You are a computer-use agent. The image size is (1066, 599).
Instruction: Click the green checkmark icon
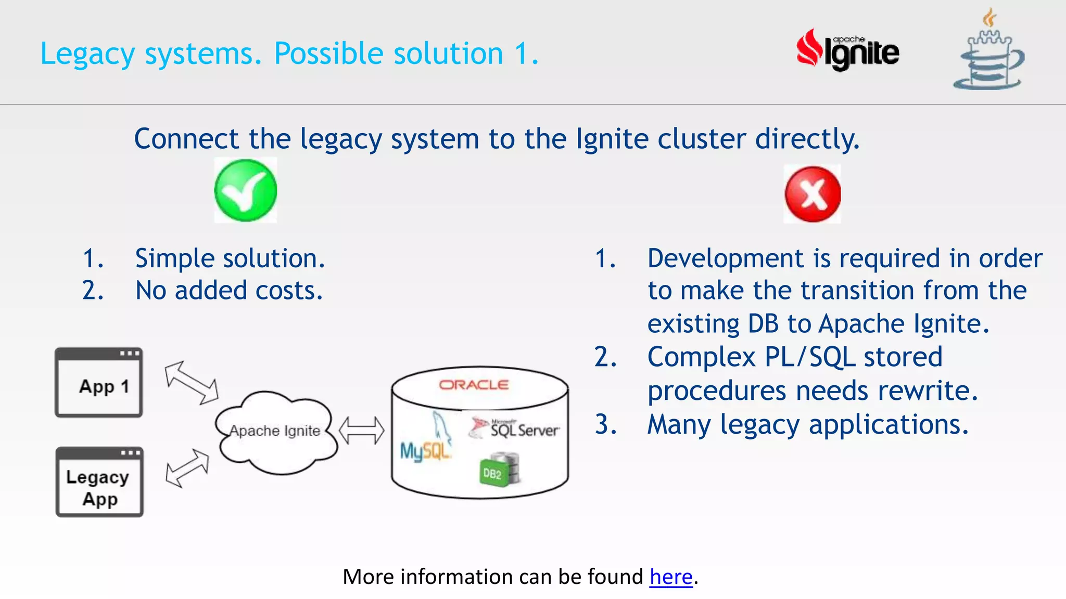pyautogui.click(x=245, y=190)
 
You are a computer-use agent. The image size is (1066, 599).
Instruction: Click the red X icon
pyautogui.click(x=812, y=194)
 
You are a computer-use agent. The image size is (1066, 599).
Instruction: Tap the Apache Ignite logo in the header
pyautogui.click(x=848, y=51)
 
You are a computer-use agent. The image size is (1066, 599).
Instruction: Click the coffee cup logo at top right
pyautogui.click(x=988, y=52)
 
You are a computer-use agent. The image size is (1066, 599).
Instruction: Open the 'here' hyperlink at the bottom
pyautogui.click(x=671, y=577)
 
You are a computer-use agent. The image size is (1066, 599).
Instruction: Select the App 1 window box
pyautogui.click(x=99, y=383)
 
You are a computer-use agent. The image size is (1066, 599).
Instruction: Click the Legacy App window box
pyautogui.click(x=99, y=482)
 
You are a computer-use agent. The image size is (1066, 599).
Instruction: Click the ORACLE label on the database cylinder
pyautogui.click(x=474, y=385)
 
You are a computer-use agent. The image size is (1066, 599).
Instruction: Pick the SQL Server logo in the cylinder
pyautogui.click(x=515, y=428)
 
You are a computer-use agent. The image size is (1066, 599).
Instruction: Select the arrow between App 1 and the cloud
pyautogui.click(x=192, y=383)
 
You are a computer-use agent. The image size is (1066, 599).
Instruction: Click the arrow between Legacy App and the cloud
pyautogui.click(x=187, y=468)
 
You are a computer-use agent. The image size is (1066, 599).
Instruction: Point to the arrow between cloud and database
pyautogui.click(x=361, y=431)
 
